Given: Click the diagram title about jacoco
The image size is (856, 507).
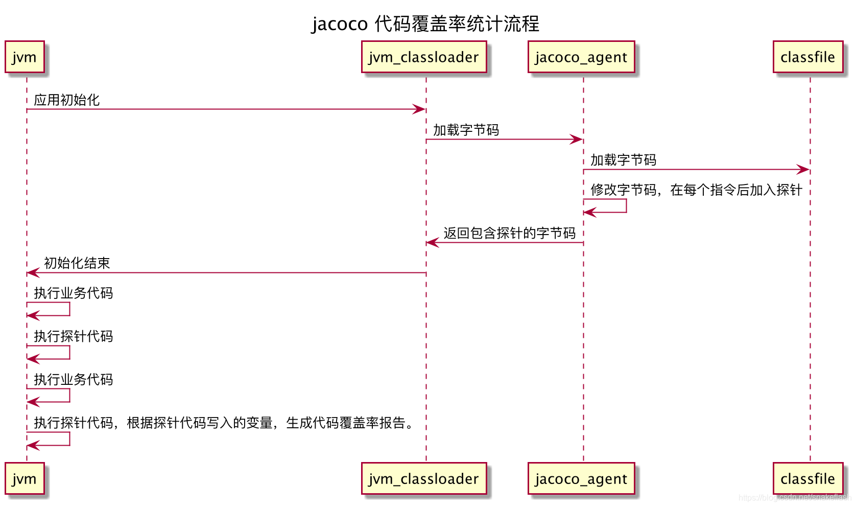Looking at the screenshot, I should coord(425,24).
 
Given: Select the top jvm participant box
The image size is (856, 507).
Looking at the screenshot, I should coord(25,57).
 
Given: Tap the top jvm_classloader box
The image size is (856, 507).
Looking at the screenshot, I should coord(424,57).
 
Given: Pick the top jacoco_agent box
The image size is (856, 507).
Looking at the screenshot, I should coord(581,57).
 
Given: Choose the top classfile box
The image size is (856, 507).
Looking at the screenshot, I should coord(807,57).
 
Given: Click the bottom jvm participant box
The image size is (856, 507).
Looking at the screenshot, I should coord(25,479).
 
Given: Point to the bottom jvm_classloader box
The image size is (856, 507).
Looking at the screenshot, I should coord(424,479).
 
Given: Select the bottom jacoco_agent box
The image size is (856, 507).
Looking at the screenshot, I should coord(581,479).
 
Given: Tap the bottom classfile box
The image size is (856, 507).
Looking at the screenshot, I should coord(807,479).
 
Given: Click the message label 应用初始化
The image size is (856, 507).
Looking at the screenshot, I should coord(66,100).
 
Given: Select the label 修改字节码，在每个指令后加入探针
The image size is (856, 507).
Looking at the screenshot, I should coord(696,190).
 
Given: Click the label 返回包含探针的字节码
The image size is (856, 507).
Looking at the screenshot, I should coord(509,234).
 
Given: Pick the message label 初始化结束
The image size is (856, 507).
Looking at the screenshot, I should coord(77,263).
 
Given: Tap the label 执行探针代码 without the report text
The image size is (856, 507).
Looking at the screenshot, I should coord(73,336).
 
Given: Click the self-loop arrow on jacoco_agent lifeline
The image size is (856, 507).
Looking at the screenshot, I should coord(625,206).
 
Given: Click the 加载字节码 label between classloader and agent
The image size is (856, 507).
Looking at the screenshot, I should coord(466,130).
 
